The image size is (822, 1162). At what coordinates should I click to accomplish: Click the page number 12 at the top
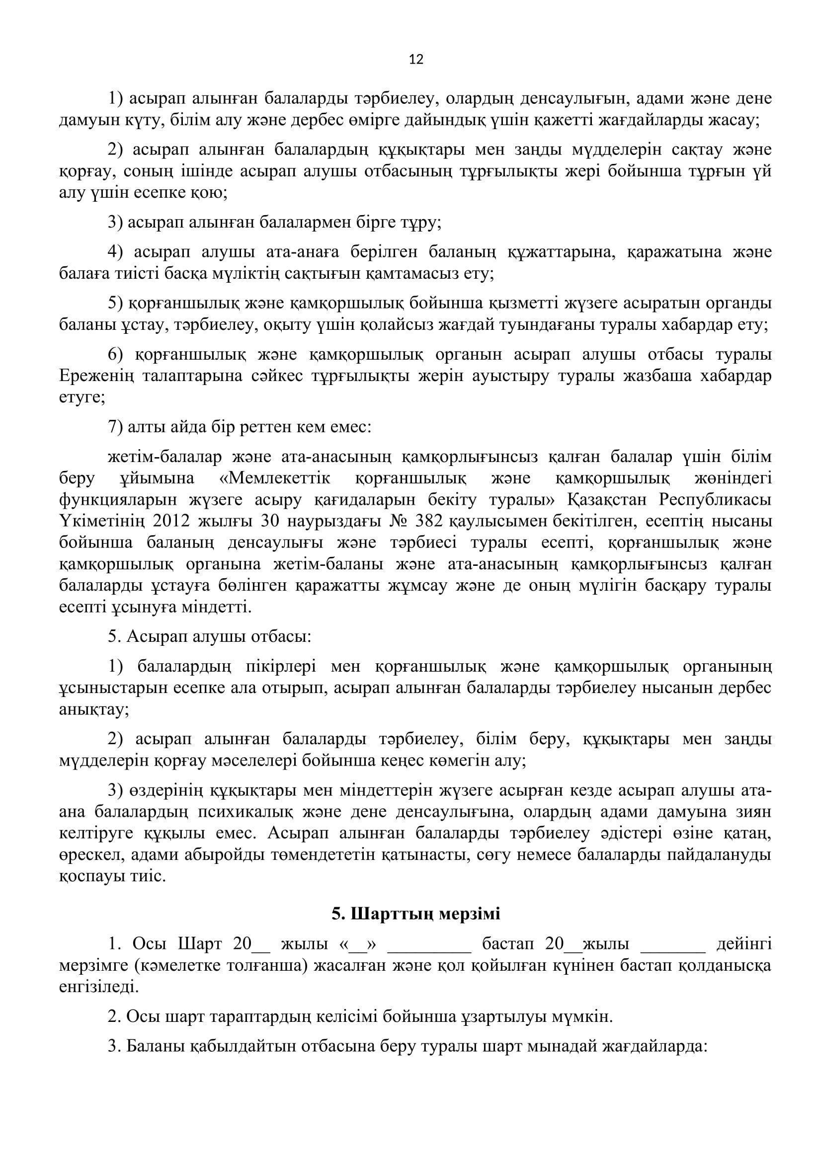coord(415,60)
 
